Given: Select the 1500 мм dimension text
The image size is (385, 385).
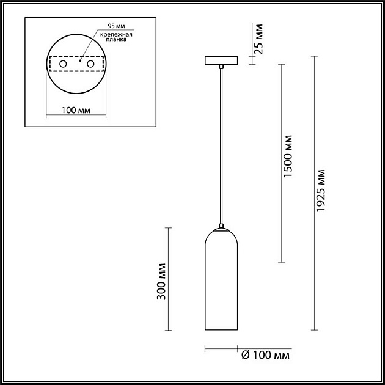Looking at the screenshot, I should (288, 159).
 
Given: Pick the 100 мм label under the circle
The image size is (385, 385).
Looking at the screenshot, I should (76, 110).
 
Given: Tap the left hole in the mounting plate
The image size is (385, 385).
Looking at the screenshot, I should (62, 64).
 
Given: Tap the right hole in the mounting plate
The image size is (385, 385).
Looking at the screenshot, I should (91, 64).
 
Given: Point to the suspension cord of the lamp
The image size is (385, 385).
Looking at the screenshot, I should (222, 147).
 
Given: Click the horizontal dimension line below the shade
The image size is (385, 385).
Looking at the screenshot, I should (221, 350).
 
